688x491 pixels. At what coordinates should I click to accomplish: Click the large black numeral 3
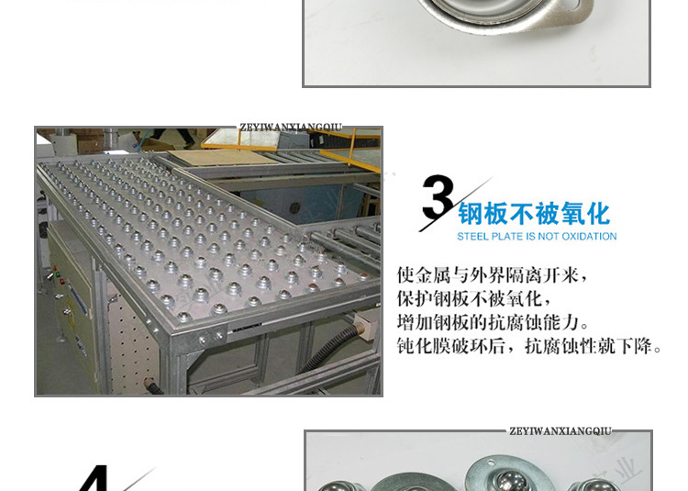click(438, 197)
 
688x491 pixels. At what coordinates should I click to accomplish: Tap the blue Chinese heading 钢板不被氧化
click(535, 214)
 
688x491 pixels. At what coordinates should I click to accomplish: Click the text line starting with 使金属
click(492, 275)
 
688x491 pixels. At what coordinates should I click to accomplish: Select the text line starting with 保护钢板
click(474, 299)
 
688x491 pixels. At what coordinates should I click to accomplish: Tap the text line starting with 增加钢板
click(493, 322)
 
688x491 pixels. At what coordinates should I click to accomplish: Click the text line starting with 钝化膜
click(528, 346)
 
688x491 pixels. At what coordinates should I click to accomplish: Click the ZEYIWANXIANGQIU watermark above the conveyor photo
click(291, 128)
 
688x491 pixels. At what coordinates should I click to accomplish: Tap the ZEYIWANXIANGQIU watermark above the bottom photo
click(560, 431)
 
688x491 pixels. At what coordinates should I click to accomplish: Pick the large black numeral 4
click(94, 478)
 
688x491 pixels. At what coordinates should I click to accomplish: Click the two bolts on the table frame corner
click(211, 338)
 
